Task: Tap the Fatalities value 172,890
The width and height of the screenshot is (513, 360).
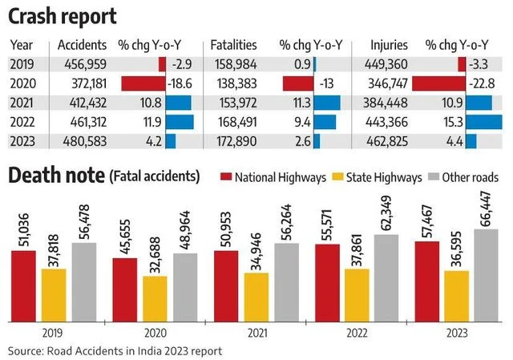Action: click(233, 142)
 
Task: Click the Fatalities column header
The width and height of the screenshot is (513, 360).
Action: click(233, 45)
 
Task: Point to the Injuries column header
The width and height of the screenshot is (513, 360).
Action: click(390, 45)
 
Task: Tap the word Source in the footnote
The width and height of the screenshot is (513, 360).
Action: click(26, 351)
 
